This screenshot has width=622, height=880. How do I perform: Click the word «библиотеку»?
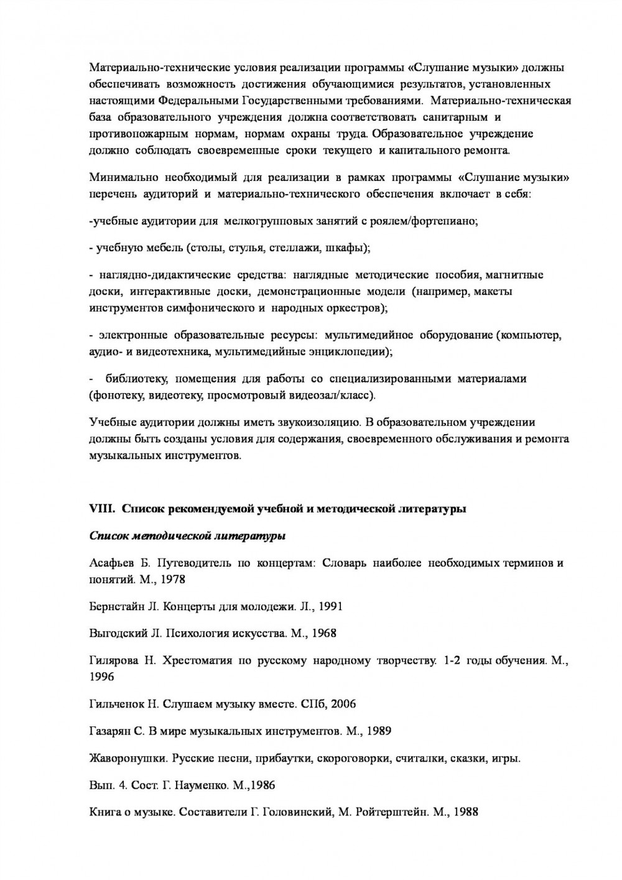(x=136, y=379)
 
